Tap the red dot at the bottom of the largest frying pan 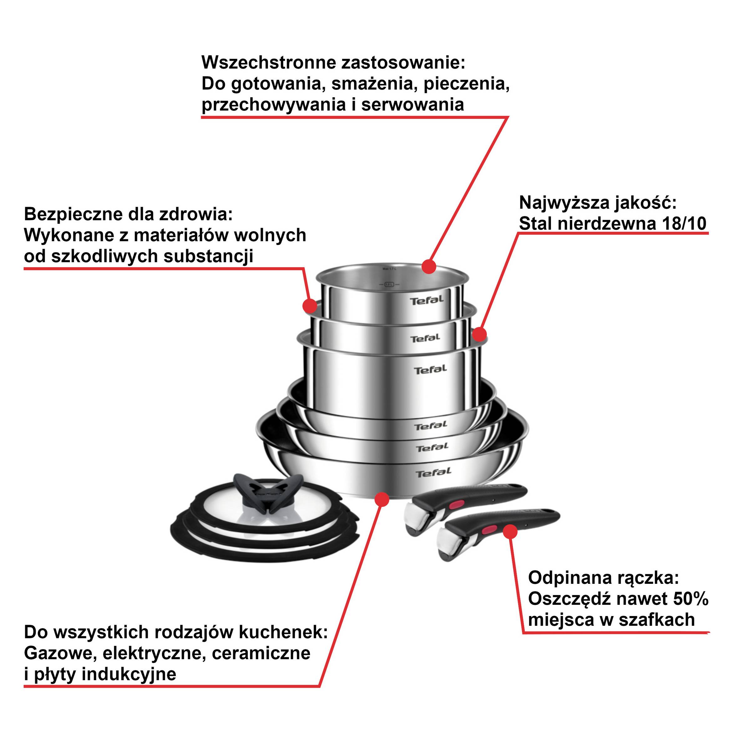click(382, 499)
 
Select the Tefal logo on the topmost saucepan click(427, 300)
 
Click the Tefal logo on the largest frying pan click(433, 473)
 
